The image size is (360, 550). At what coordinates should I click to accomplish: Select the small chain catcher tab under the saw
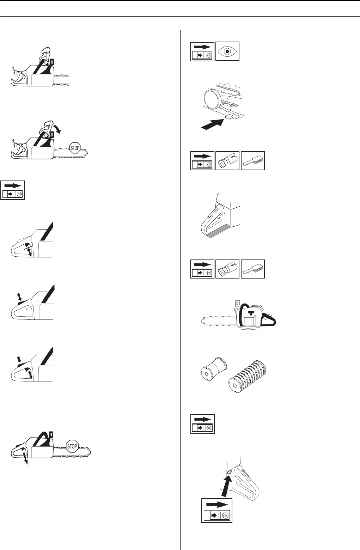[229, 116]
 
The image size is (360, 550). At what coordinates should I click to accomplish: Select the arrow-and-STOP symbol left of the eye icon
[202, 51]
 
